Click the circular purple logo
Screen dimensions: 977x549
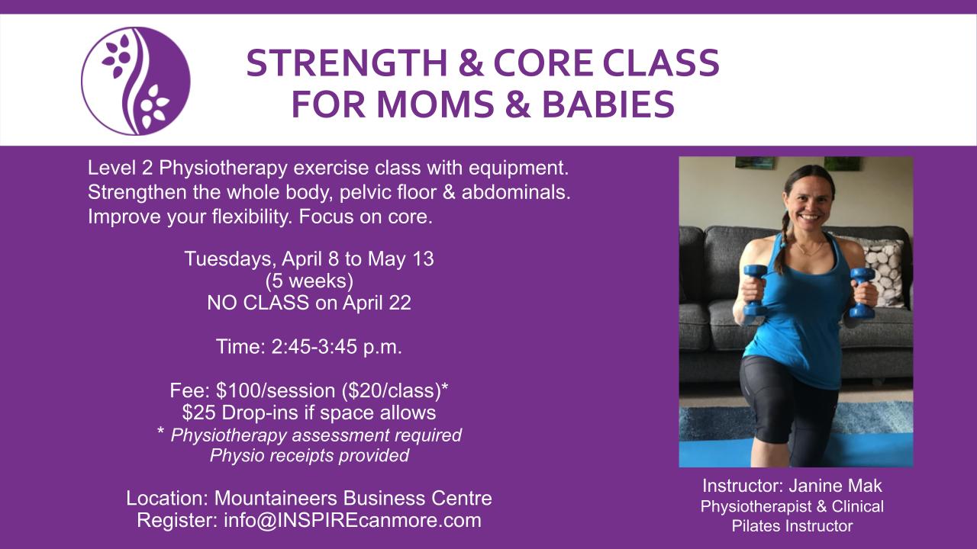[x=136, y=81]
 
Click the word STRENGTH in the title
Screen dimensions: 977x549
[x=347, y=63]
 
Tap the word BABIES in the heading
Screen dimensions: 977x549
[x=608, y=104]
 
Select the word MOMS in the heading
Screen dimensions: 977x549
[x=436, y=104]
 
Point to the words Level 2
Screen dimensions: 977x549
[x=121, y=168]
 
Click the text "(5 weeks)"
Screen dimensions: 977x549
[x=309, y=281]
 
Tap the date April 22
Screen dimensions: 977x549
[x=377, y=303]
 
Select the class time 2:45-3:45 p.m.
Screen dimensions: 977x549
[x=337, y=347]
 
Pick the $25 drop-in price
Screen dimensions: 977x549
[x=198, y=413]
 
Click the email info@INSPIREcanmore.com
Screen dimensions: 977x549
[x=353, y=521]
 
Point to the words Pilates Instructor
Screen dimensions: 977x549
[x=792, y=526]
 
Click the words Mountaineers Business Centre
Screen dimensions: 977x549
[x=353, y=499]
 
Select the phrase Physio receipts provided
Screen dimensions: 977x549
[x=309, y=456]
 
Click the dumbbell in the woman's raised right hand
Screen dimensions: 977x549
[x=755, y=291]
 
